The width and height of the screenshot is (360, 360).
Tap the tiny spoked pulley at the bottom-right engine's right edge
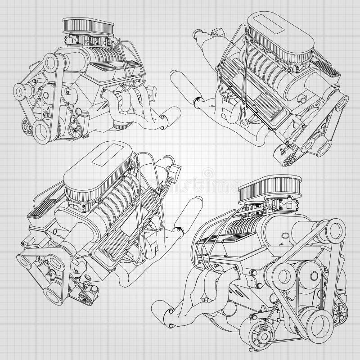pyautogui.click(x=340, y=310)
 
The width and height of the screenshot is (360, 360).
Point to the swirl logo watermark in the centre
pyautogui.click(x=208, y=174)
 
